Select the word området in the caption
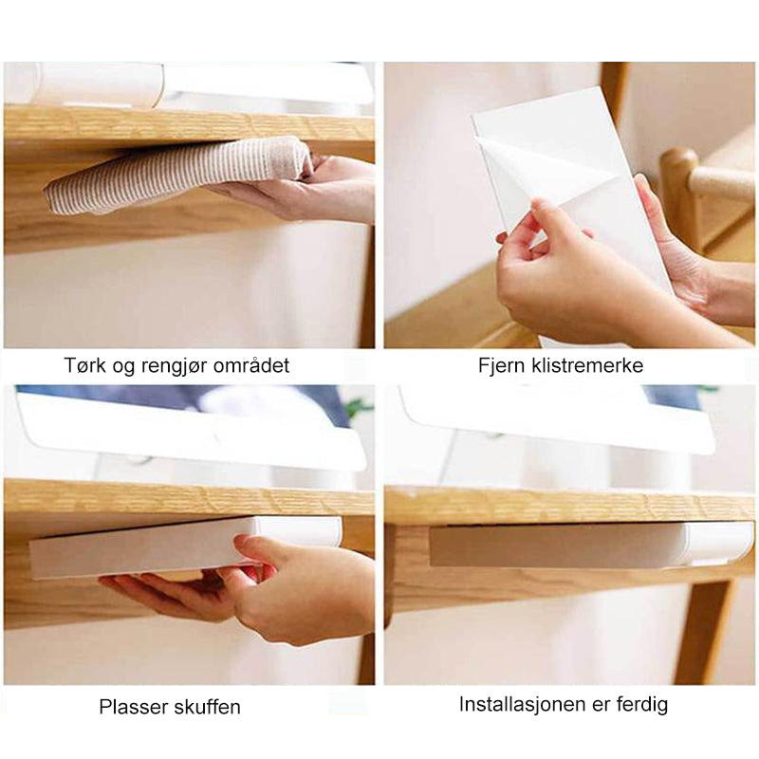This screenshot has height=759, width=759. pos(251,365)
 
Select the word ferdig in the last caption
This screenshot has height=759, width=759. pos(642,704)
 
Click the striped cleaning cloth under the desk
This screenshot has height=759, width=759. pos(175,175)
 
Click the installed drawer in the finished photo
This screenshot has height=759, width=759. pos(591,545)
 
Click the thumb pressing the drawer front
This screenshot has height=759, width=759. pos(251,548)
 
